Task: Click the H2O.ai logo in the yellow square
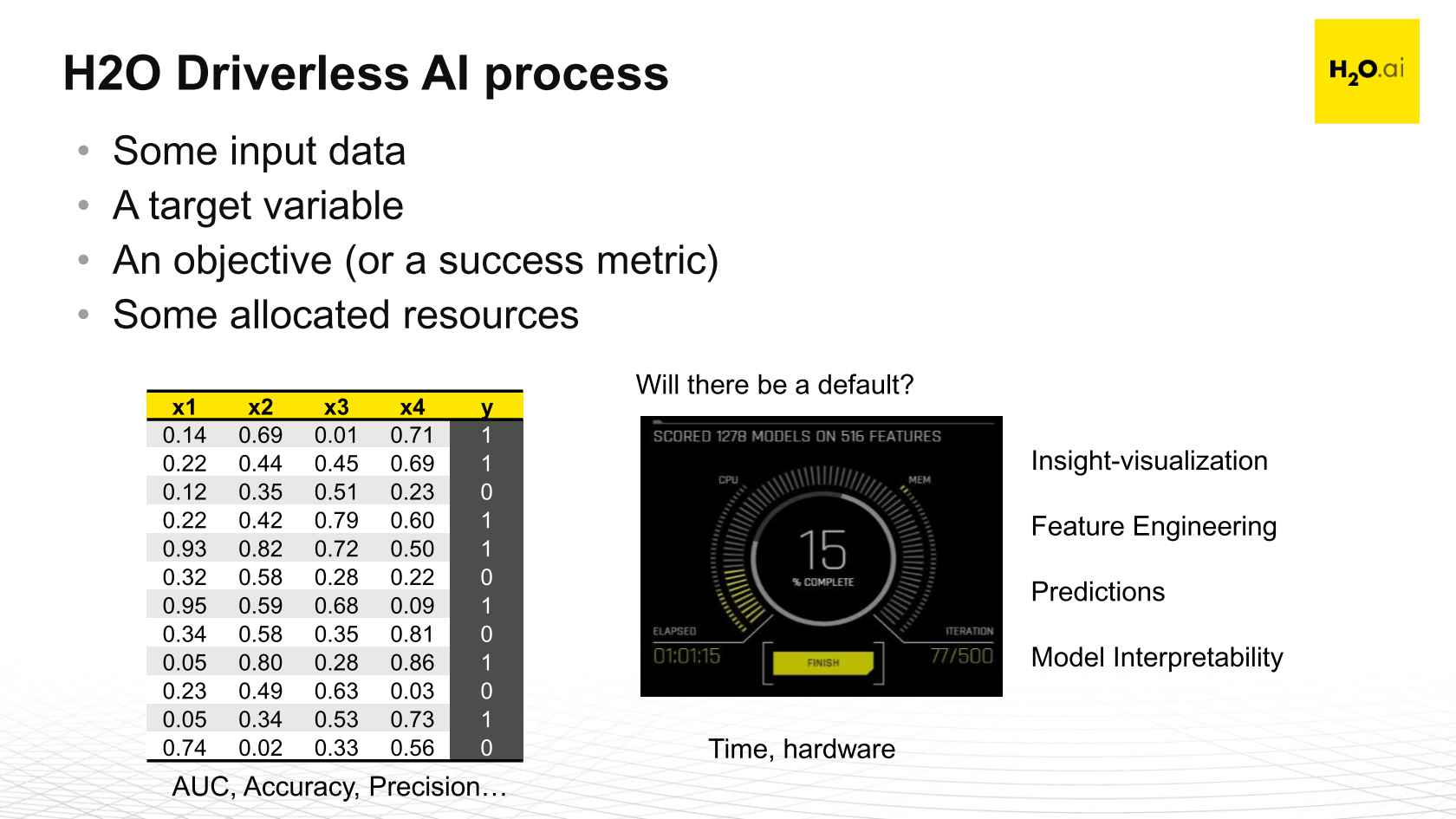click(1366, 71)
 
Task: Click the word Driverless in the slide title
click(290, 73)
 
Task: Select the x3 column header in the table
click(336, 406)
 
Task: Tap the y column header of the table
click(486, 406)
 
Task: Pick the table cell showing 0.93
click(185, 549)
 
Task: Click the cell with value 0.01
click(336, 435)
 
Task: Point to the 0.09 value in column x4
click(412, 606)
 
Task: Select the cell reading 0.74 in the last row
click(185, 748)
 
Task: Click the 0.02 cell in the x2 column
click(260, 748)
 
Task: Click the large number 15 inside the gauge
click(822, 549)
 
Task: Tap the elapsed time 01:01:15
click(686, 656)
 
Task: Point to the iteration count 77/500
click(961, 655)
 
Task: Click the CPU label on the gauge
click(728, 480)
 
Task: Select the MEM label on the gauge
click(919, 480)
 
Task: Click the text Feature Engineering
click(1154, 526)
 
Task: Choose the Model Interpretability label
click(1156, 657)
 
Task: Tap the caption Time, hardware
click(802, 749)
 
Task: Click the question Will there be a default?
click(774, 385)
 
